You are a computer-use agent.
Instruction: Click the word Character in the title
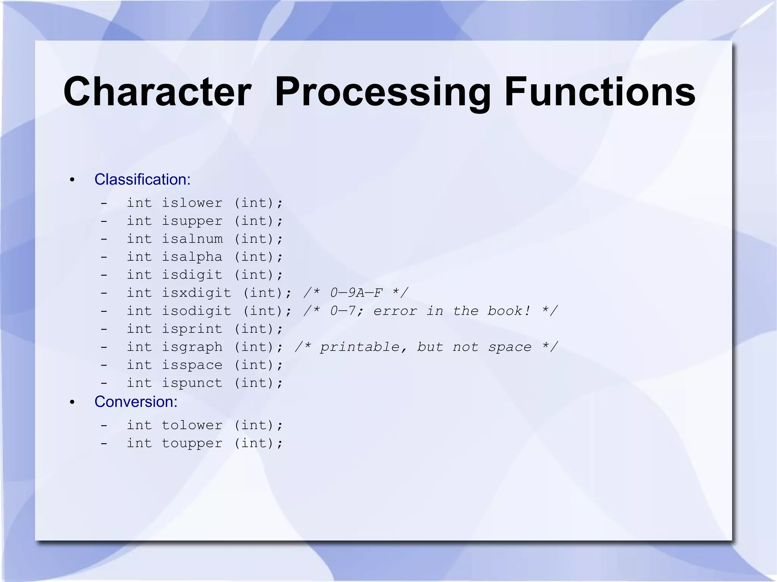pos(157,92)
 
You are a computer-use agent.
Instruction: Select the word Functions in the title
pos(599,92)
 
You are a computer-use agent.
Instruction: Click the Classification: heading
pos(142,179)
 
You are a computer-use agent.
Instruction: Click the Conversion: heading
pos(136,402)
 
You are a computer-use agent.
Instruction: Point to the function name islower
pos(192,203)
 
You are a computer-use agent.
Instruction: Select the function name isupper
pos(192,221)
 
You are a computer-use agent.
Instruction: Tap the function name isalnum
pos(192,239)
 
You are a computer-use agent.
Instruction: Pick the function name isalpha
pos(192,257)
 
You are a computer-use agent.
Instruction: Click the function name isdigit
pos(192,275)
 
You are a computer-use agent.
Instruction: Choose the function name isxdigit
pos(197,293)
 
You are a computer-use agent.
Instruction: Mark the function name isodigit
pos(197,311)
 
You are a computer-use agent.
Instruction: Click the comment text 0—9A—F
pos(356,293)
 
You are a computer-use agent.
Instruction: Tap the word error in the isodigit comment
pos(395,311)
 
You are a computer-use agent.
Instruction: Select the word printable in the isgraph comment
pos(360,347)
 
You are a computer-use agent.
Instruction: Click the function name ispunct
pos(192,383)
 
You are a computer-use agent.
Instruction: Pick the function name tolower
pos(192,425)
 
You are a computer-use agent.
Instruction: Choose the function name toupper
pos(192,443)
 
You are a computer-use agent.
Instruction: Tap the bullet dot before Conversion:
pos(72,402)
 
